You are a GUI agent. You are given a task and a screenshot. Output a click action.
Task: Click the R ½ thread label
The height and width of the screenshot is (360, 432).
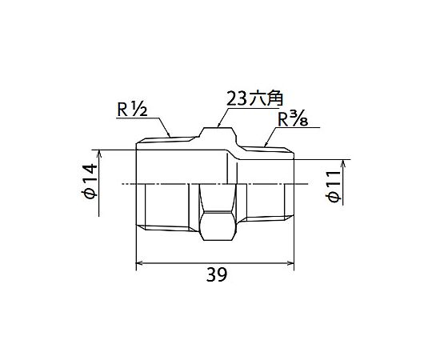[x=132, y=110]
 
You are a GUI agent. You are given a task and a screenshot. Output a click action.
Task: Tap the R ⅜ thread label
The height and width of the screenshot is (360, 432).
[x=293, y=119]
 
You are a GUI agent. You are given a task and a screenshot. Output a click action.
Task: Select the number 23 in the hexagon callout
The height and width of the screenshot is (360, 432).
[x=236, y=99]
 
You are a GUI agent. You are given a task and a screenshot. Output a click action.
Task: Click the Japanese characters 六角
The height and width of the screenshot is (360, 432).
[x=266, y=99]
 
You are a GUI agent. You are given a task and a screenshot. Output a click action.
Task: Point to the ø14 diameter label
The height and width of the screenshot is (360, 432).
[x=90, y=181]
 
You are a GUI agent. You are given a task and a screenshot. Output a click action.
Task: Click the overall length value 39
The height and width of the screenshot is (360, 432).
[x=217, y=274]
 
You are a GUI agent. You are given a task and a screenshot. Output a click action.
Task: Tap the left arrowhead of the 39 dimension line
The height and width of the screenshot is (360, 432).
[x=139, y=262]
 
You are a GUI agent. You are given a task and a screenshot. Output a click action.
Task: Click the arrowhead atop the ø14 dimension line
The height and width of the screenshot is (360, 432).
[x=99, y=153]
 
